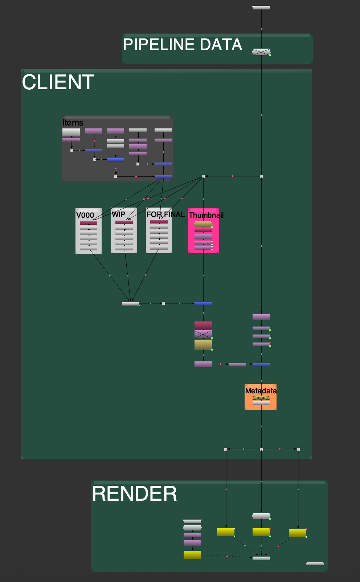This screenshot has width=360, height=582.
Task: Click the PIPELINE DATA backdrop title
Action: click(x=182, y=45)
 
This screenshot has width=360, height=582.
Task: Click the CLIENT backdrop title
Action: click(x=58, y=82)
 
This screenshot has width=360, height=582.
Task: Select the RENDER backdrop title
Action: click(x=134, y=494)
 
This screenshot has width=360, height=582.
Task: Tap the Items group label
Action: click(x=73, y=123)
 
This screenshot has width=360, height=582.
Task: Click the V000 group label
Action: click(x=85, y=215)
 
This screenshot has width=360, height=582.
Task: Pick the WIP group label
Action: click(x=118, y=214)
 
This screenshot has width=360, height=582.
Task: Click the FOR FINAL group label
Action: click(x=165, y=214)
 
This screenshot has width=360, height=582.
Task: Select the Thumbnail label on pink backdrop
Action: click(x=206, y=215)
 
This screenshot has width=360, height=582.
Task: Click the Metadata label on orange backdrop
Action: click(x=261, y=391)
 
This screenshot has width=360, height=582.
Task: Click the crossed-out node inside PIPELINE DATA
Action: click(x=261, y=52)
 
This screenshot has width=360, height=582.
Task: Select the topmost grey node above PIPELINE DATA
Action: click(x=261, y=7)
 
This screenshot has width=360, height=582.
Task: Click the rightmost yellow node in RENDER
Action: click(x=298, y=533)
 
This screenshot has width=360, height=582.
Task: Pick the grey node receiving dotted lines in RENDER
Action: click(x=261, y=558)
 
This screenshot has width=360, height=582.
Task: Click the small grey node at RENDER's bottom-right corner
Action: click(x=315, y=563)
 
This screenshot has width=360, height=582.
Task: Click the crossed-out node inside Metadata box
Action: click(x=261, y=398)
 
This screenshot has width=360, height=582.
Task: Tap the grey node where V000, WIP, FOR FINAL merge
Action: click(x=131, y=304)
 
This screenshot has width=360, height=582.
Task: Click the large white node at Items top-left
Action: click(x=71, y=132)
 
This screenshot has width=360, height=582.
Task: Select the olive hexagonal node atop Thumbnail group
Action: click(x=203, y=224)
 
